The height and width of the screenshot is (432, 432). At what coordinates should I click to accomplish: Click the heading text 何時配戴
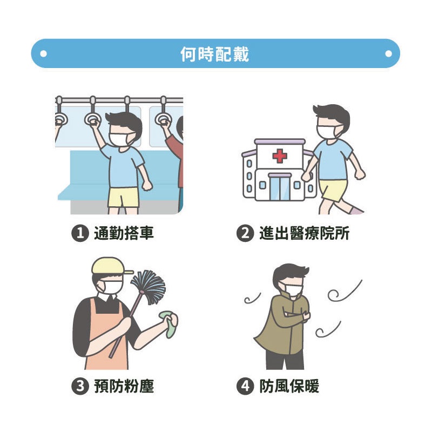click(x=214, y=54)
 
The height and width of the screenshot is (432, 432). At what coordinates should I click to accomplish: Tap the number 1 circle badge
click(x=80, y=233)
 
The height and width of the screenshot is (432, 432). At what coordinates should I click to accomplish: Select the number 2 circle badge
click(x=245, y=233)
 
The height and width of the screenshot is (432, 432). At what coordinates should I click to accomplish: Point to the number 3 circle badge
click(x=80, y=386)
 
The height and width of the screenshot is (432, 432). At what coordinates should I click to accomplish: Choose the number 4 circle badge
click(x=245, y=386)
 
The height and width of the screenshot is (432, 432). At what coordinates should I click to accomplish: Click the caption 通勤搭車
click(x=124, y=233)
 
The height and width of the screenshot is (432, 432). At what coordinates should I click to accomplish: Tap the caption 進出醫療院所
click(x=304, y=233)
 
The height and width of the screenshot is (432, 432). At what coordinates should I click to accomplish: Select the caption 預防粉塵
click(x=124, y=386)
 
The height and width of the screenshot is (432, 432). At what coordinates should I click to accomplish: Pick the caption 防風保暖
click(x=289, y=386)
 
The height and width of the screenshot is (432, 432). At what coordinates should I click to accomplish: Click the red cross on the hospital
click(x=280, y=156)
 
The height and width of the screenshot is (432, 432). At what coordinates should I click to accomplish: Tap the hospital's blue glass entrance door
click(x=280, y=188)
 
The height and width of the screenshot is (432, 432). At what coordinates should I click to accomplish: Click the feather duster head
click(x=149, y=287)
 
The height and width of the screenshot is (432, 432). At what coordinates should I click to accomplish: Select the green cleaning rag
click(x=168, y=324)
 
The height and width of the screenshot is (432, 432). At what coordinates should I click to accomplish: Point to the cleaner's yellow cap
click(x=110, y=266)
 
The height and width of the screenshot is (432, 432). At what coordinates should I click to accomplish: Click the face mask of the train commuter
click(x=120, y=140)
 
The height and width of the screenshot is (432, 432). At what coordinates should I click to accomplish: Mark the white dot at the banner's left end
click(x=43, y=53)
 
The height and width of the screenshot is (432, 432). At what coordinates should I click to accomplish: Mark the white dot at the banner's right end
click(x=388, y=53)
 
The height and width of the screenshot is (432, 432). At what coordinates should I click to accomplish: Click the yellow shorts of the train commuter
click(x=124, y=197)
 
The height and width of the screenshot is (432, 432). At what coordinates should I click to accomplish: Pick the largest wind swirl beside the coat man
click(x=345, y=292)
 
